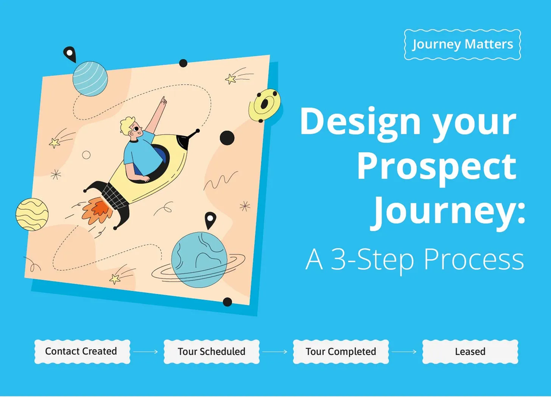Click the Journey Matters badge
click(462, 44)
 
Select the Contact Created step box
click(81, 351)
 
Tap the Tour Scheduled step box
click(211, 351)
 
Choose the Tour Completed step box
click(340, 351)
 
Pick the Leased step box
click(470, 351)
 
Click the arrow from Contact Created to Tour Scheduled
click(146, 352)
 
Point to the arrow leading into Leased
click(405, 352)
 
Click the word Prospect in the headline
click(436, 167)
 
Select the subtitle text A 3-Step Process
click(414, 260)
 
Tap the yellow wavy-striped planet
click(32, 214)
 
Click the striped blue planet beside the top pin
click(90, 79)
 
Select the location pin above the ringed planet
click(211, 219)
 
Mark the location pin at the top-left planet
click(69, 54)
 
